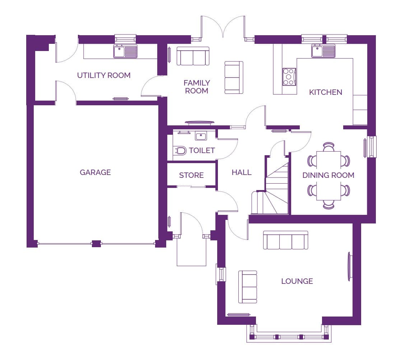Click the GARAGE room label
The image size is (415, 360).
pos(95,172)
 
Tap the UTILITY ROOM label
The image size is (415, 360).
pos(104,75)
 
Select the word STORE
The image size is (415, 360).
pos(191,175)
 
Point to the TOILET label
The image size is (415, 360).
pos(202,151)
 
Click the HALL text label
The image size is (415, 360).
pos(241,172)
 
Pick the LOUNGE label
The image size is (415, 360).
pos(297,281)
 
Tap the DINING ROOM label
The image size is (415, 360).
pos(328,175)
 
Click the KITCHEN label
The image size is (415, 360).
pos(326,92)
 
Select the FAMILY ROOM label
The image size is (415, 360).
pos(197,87)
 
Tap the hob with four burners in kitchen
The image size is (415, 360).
pos(289,77)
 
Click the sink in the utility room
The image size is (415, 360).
pos(125,51)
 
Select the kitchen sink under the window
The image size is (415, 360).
pos(323,51)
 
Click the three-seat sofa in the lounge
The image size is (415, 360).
pos(285,240)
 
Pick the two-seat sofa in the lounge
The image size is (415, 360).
pos(248,287)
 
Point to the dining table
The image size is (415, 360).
pos(328,176)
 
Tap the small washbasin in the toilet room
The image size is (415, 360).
pos(201,137)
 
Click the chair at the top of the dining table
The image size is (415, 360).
pos(328,147)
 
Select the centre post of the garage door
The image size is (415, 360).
pos(96,244)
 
